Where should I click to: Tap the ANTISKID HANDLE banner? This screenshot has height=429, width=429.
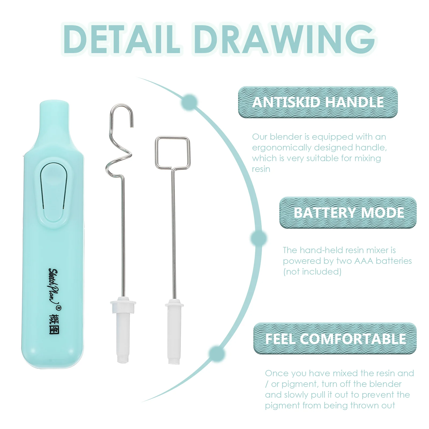318,102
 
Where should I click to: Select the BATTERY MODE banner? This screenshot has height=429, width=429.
348,213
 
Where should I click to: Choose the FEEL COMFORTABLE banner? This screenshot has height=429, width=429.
335,338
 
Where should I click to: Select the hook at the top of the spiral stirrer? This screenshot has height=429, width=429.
121,114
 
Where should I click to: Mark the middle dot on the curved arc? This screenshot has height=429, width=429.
259,238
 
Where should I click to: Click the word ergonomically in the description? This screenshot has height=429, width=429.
281,147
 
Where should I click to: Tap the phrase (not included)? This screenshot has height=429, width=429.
312,272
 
